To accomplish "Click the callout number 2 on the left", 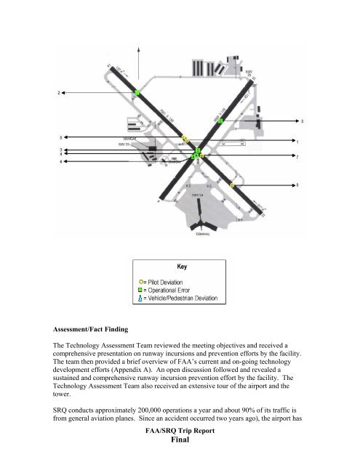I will [x=59, y=93].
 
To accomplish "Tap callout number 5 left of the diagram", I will [x=60, y=137].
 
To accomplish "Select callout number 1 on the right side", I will [x=297, y=141].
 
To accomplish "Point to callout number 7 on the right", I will [x=297, y=156].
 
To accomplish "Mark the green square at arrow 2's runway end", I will [x=137, y=93].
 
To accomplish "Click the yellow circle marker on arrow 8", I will [x=232, y=187].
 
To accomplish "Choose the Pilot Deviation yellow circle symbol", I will [x=143, y=280].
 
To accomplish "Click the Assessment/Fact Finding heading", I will [x=97, y=339].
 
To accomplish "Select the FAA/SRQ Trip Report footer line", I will [x=180, y=440].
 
